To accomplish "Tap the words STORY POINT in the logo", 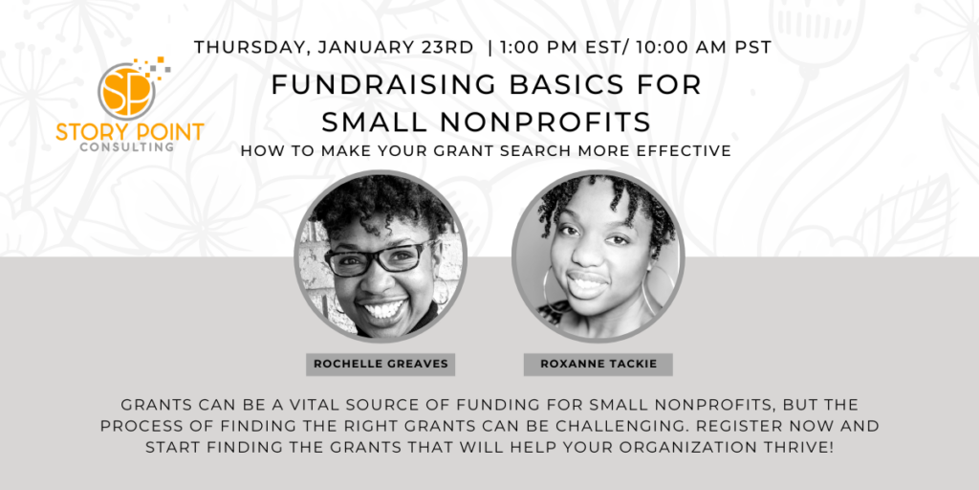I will (x=129, y=132).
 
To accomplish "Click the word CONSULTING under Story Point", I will (x=127, y=147).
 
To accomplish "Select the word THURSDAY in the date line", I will (x=248, y=47).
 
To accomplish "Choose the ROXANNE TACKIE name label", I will (x=598, y=364).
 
